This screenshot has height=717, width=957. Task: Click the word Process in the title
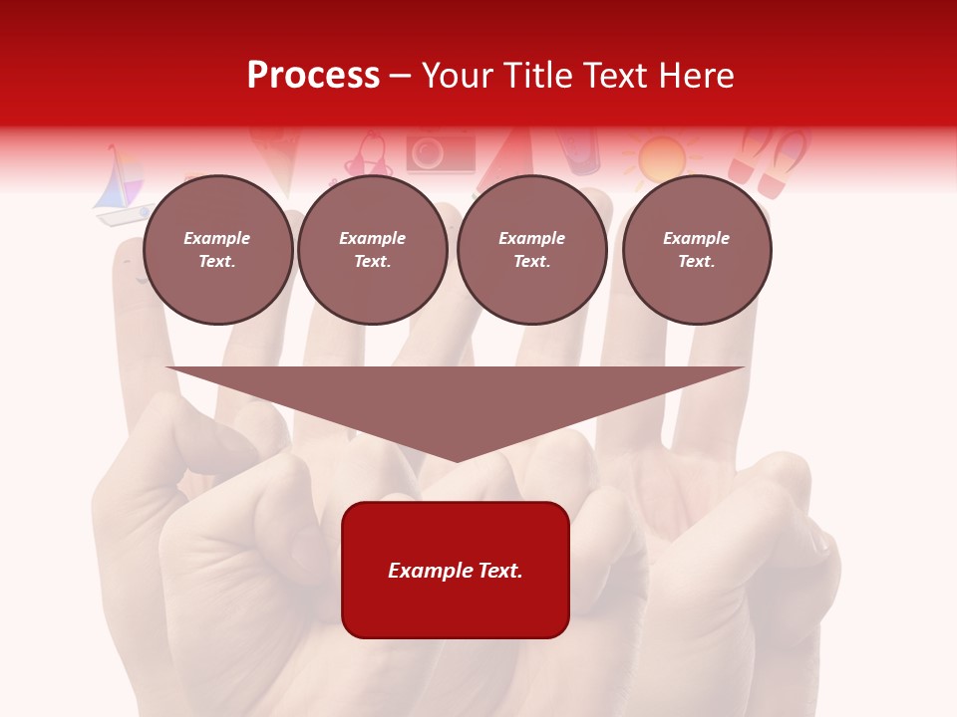(x=313, y=76)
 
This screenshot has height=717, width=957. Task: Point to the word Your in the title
(x=460, y=76)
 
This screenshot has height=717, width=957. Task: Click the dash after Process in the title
(x=401, y=77)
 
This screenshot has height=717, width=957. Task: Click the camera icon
(x=440, y=153)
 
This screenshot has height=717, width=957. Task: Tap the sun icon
(x=662, y=158)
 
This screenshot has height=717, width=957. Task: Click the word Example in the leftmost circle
(x=217, y=238)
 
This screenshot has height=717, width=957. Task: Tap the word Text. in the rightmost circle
(x=696, y=261)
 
